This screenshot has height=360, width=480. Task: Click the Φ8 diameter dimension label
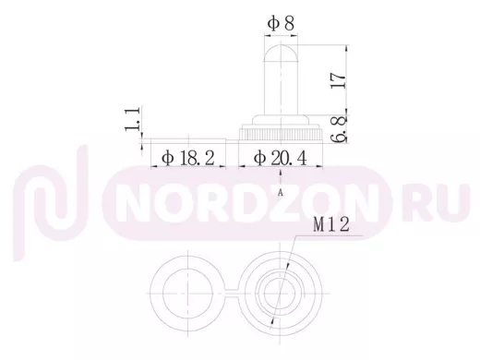(281, 23)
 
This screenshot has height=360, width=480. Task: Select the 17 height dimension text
(339, 80)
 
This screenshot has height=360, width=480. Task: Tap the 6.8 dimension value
(339, 129)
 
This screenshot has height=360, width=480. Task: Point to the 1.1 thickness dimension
(133, 119)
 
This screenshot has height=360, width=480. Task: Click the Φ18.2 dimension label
(188, 158)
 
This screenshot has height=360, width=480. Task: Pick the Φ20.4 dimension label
(281, 158)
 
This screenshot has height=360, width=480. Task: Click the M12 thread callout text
(331, 224)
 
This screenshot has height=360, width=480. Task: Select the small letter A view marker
(280, 193)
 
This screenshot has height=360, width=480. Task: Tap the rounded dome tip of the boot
(281, 53)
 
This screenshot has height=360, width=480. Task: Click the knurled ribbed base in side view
(281, 135)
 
